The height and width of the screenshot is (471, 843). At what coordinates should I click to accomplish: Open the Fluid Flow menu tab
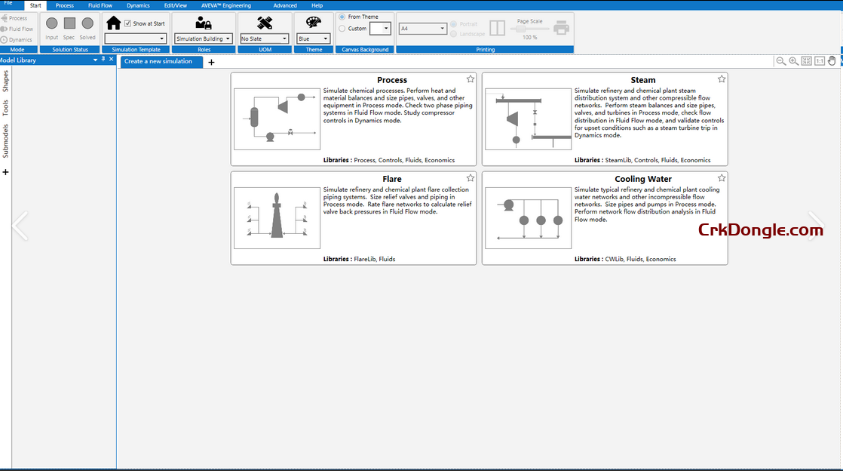(100, 5)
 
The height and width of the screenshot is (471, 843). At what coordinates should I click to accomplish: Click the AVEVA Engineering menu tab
(226, 5)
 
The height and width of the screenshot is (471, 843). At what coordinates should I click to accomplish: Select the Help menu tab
(317, 5)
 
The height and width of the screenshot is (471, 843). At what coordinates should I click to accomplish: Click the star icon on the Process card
(471, 78)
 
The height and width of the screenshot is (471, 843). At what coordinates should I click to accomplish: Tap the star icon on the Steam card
(722, 78)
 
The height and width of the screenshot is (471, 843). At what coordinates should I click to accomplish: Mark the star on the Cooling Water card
(722, 177)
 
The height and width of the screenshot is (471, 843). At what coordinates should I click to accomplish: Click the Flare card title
(392, 179)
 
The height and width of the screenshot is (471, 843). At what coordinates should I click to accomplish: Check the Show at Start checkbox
(127, 23)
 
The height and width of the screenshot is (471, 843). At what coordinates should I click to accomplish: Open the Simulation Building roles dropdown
(203, 38)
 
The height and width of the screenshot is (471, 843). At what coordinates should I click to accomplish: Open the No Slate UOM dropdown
(264, 38)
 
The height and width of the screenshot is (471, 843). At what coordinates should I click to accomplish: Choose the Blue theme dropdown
(313, 38)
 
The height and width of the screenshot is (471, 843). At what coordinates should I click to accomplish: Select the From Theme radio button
(342, 17)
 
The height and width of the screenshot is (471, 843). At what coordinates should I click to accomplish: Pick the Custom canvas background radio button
(342, 29)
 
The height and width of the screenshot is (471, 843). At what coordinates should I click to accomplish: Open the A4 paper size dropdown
(422, 29)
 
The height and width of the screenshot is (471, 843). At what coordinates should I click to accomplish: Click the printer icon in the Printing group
(561, 28)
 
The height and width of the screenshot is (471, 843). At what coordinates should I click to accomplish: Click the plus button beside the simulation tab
(211, 62)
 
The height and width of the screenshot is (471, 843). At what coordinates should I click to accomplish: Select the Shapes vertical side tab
(5, 81)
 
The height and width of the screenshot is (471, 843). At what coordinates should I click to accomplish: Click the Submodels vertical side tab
(5, 141)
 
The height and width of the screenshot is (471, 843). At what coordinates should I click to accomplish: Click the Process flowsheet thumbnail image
(277, 119)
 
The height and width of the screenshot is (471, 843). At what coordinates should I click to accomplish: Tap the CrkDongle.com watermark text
(760, 230)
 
